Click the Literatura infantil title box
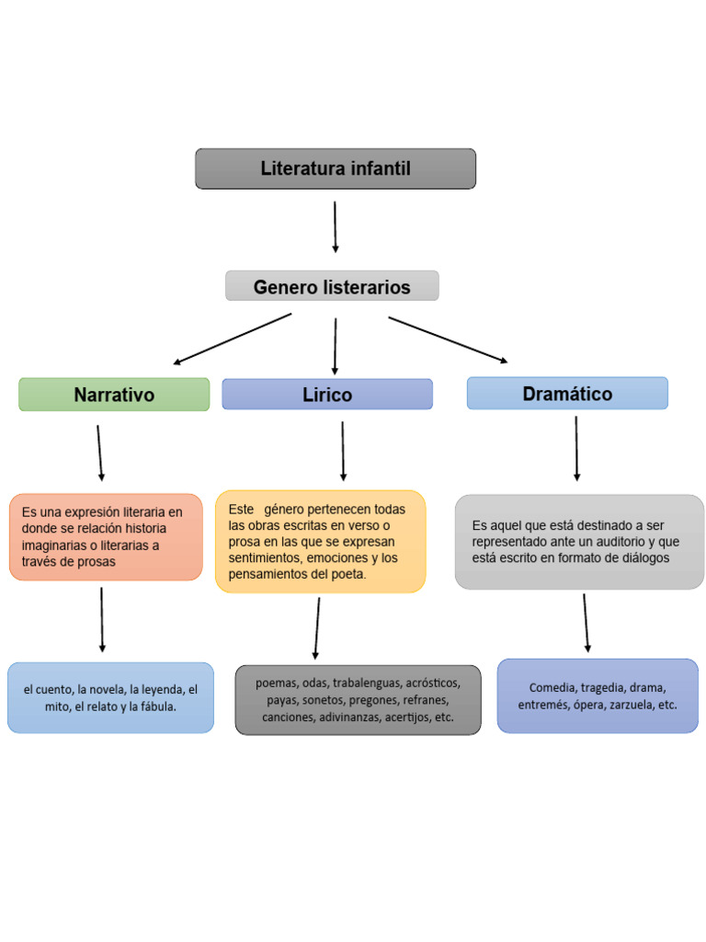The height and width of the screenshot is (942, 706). click(x=336, y=169)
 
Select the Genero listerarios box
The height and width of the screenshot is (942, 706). click(x=332, y=287)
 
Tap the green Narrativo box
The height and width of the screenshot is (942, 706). click(x=114, y=395)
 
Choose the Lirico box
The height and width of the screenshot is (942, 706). click(x=327, y=395)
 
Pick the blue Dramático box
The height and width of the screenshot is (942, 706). click(x=567, y=394)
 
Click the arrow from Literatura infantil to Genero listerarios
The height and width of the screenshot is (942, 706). click(x=335, y=226)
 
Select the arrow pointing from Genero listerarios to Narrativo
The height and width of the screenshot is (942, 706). click(x=232, y=339)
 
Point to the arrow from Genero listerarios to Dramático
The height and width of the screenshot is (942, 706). click(x=448, y=340)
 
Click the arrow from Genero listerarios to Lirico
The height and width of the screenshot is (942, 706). click(x=335, y=345)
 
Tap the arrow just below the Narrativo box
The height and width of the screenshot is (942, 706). click(x=99, y=452)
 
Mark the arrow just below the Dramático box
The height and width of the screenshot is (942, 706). click(x=576, y=448)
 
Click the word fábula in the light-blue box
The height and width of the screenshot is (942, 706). click(x=156, y=707)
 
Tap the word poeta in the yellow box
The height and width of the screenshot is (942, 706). click(x=347, y=574)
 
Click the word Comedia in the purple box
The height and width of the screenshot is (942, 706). click(x=552, y=687)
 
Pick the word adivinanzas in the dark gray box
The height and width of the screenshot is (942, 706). click(x=350, y=717)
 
